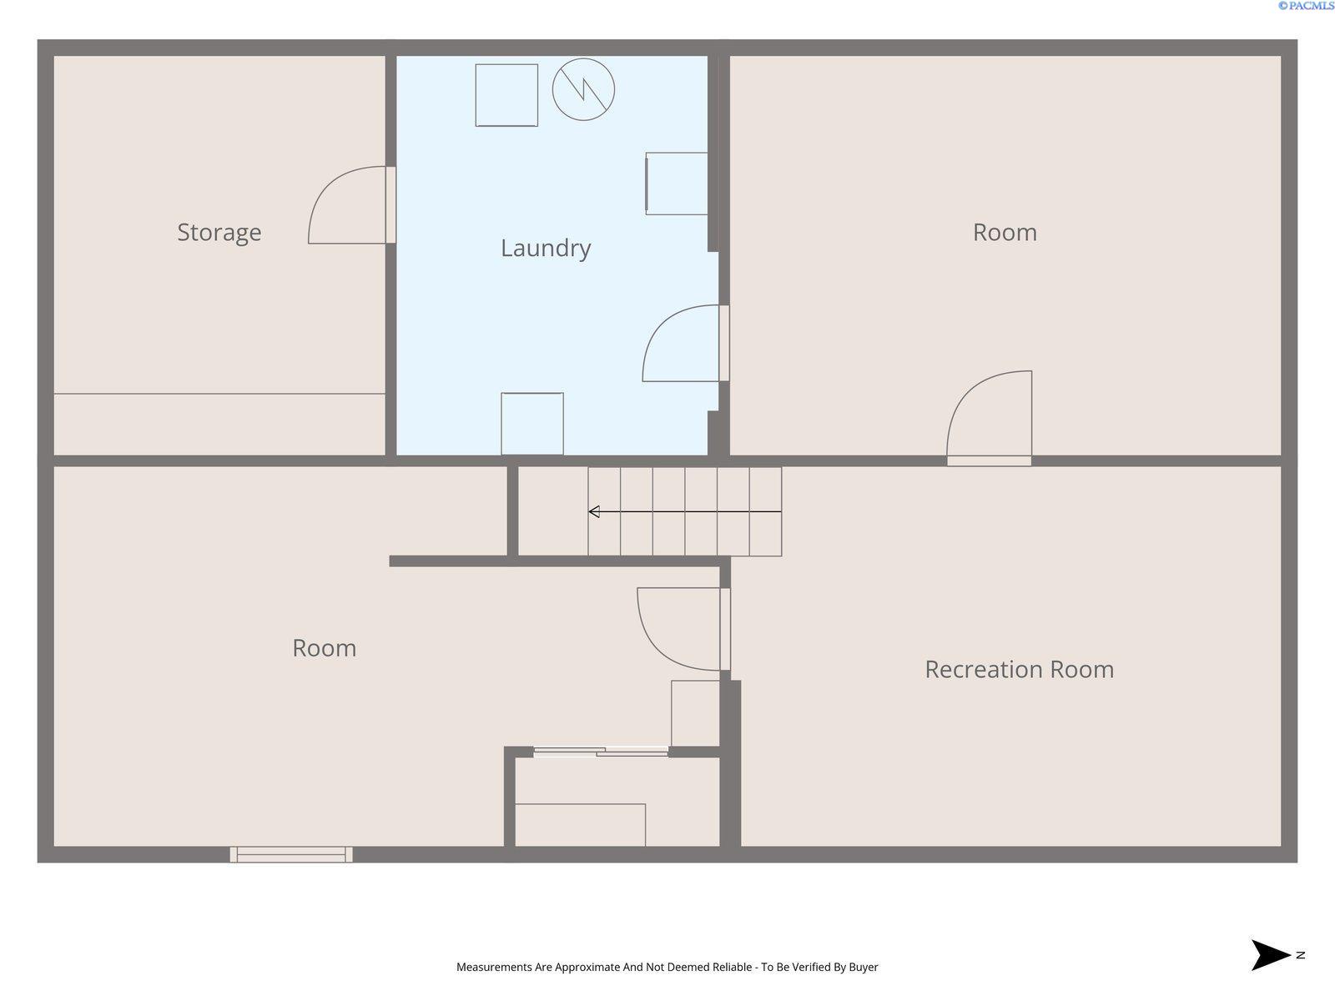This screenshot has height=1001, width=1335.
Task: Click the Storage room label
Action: pos(219,233)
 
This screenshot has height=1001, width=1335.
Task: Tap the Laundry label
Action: pos(546,249)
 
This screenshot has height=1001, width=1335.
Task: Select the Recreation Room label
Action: pos(1020,670)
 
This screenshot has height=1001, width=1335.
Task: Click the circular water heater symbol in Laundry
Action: pos(583,89)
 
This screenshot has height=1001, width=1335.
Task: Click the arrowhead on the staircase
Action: pos(594,511)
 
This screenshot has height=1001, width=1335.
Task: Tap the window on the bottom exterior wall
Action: pos(291,854)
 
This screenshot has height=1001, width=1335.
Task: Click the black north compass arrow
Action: pos(1269,955)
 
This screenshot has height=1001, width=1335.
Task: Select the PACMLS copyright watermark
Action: pos(1306,6)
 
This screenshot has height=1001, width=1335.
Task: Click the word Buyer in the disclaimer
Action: pos(863,967)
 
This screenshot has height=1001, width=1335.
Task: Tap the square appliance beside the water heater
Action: pos(506,95)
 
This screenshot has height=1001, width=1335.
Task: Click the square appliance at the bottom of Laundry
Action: pos(532,424)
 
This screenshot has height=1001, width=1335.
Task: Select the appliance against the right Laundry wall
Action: pos(677,184)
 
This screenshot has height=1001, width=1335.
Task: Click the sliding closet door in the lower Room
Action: pos(601,752)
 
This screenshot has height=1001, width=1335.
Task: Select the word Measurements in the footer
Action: pos(494,967)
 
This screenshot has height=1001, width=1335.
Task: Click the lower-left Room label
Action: pos(325,648)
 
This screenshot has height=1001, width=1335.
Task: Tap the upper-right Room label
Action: pos(1005,233)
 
